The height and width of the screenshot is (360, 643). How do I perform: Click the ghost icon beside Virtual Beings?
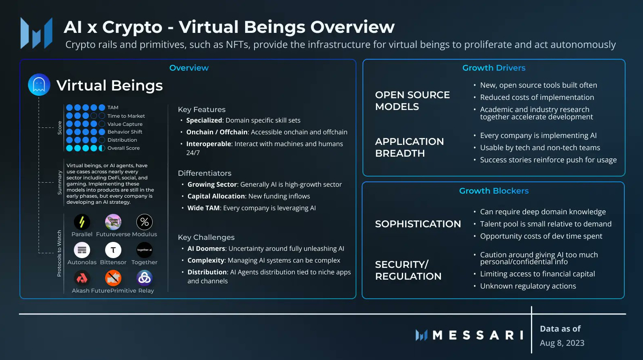click(x=39, y=85)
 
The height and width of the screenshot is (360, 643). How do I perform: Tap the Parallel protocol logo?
click(x=82, y=222)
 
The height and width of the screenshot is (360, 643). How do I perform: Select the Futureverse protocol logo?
click(x=113, y=222)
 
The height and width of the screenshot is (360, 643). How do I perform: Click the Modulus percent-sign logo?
click(x=145, y=222)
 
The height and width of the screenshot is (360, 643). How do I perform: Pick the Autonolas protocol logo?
click(x=82, y=250)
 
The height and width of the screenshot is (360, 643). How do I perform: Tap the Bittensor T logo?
click(x=113, y=250)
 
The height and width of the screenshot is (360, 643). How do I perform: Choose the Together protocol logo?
click(x=145, y=250)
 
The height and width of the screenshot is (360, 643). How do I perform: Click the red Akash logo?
click(x=82, y=278)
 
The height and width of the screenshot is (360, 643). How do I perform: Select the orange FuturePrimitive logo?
click(x=113, y=278)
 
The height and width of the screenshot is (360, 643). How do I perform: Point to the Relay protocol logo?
click(x=145, y=278)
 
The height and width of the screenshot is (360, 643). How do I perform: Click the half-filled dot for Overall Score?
click(x=102, y=148)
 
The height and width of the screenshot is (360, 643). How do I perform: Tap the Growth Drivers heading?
click(x=494, y=68)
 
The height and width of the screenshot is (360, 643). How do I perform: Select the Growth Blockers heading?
click(x=494, y=191)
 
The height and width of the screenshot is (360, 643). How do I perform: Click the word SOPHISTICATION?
click(x=418, y=224)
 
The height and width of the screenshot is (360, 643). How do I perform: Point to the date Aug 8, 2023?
click(x=562, y=343)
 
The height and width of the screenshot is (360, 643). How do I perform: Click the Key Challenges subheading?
click(x=206, y=237)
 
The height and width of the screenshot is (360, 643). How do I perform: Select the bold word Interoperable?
click(x=209, y=144)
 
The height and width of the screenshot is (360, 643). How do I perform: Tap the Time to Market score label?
click(x=126, y=116)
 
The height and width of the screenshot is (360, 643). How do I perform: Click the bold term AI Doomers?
click(x=206, y=249)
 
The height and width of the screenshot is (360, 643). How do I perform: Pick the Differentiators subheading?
click(x=205, y=173)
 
